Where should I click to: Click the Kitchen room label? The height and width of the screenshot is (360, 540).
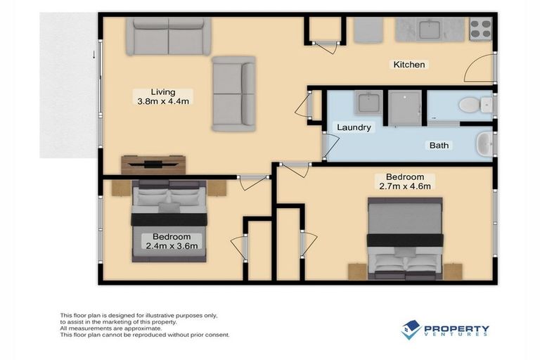point(409,65)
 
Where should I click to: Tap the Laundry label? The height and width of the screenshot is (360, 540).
point(354,128)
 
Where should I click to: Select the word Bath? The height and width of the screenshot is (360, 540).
point(439,146)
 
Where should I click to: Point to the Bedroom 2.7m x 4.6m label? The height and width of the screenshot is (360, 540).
point(404,181)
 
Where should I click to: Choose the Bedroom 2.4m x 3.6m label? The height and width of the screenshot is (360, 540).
point(168,241)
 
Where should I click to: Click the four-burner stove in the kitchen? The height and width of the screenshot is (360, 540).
point(480,29)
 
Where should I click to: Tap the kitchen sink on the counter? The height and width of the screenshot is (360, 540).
point(430,30)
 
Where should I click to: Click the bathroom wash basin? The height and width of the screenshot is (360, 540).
point(484,145)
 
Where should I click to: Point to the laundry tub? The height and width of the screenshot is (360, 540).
point(368,104)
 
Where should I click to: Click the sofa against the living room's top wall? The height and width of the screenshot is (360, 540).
point(169,36)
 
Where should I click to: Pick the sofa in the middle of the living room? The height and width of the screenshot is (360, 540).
point(233,94)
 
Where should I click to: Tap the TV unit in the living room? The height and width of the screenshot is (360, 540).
point(153,164)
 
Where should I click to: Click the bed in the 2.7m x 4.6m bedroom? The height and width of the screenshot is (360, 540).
point(405,239)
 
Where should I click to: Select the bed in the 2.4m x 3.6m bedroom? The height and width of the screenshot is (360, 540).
point(169,220)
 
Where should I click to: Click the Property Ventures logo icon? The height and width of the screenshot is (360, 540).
point(411,329)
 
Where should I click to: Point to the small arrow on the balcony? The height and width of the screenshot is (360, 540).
point(93,53)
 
